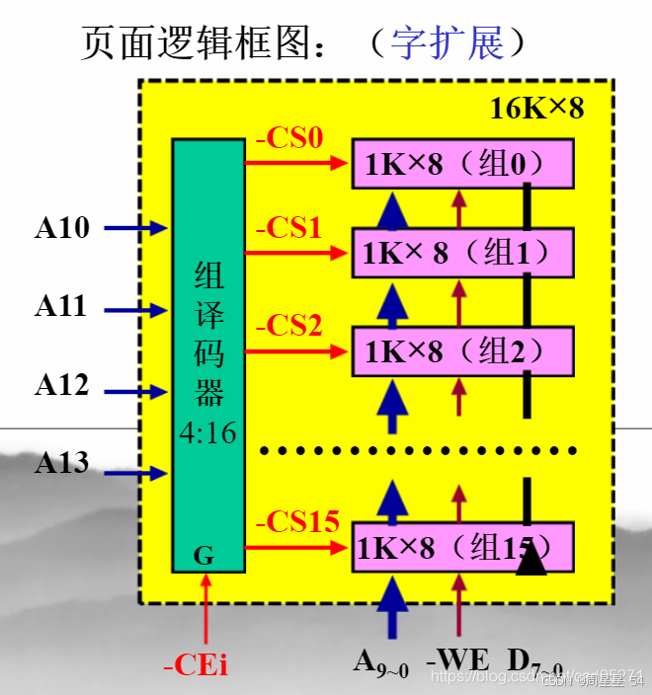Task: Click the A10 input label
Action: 62,228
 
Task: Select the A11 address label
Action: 62,306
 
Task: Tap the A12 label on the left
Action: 62,385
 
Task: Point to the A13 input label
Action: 62,462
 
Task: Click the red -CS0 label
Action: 289,138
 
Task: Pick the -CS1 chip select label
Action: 289,229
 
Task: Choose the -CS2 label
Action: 289,324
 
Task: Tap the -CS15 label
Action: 297,521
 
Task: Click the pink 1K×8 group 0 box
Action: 461,164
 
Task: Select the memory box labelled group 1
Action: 461,253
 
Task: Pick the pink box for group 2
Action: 461,351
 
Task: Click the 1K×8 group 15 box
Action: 461,546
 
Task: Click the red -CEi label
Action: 196,665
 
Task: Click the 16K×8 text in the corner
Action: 537,108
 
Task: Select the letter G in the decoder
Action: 204,556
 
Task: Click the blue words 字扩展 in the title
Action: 448,42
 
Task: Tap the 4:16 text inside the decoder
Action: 208,432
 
